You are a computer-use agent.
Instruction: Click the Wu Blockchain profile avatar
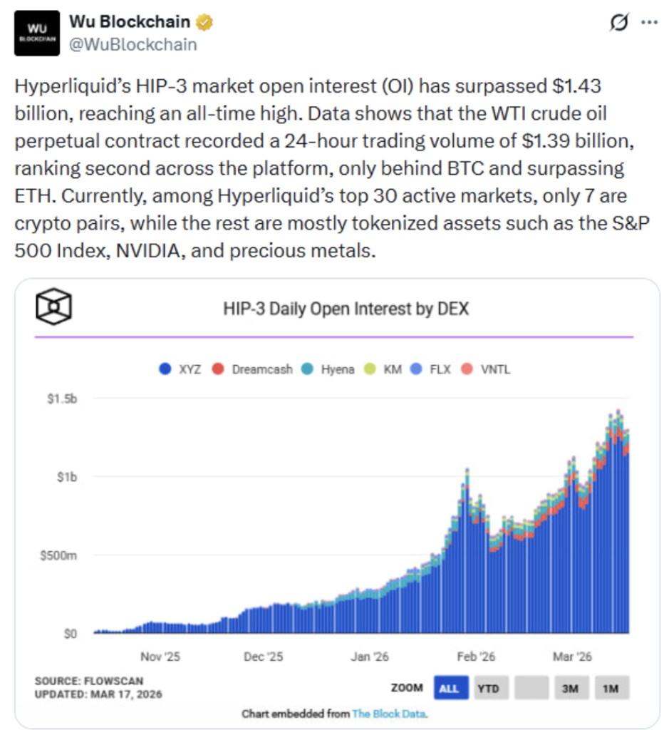click(38, 34)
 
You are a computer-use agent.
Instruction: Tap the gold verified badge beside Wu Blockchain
click(204, 23)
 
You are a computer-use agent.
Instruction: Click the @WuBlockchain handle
click(133, 44)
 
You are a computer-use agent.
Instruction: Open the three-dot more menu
click(649, 23)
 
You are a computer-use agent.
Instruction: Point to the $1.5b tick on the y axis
click(61, 398)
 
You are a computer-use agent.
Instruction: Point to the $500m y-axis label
click(59, 555)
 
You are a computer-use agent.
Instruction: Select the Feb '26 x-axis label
click(476, 657)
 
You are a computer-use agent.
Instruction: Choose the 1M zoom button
click(612, 688)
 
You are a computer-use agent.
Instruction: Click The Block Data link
click(390, 714)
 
